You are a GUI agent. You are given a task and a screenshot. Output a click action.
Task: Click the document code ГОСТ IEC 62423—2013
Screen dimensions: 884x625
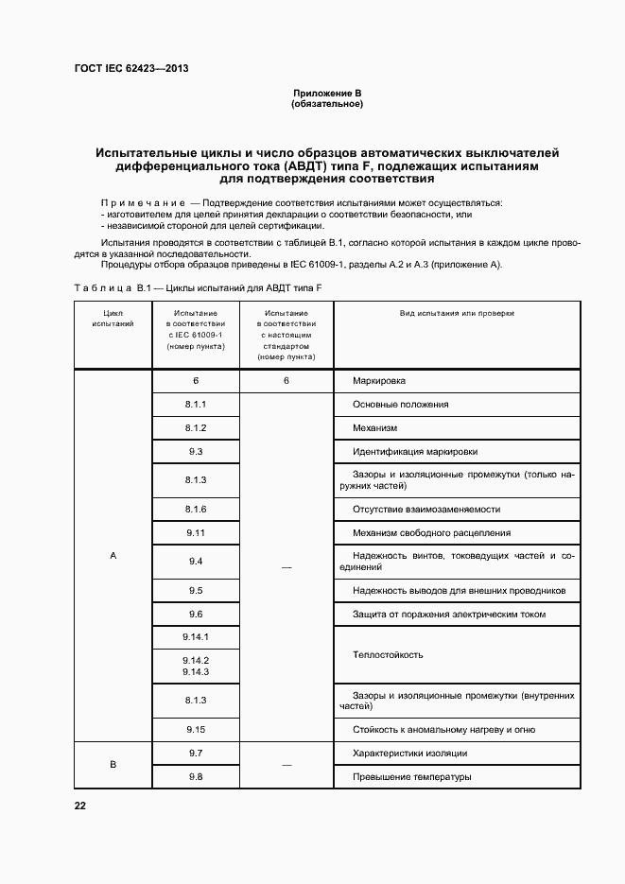pos(131,69)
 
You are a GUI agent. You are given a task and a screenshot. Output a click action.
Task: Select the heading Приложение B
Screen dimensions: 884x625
pos(327,93)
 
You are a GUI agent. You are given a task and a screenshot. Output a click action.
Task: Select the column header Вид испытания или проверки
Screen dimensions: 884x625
pos(457,312)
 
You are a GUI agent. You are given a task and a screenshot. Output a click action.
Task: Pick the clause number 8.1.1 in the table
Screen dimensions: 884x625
pos(196,405)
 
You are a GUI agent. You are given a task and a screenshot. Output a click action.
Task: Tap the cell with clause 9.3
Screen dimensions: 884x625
pos(196,451)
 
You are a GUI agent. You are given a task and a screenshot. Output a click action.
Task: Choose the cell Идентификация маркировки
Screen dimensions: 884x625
pos(414,451)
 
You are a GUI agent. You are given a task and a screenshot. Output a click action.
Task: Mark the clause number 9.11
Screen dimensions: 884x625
pos(196,533)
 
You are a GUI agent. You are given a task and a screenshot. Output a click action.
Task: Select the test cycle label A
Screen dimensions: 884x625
pos(113,556)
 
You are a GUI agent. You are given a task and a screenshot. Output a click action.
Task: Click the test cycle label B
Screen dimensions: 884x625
pos(113,764)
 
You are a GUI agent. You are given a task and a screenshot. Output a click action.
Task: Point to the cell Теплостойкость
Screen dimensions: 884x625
pos(387,654)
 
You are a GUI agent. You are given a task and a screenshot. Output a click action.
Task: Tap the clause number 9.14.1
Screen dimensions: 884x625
pos(196,636)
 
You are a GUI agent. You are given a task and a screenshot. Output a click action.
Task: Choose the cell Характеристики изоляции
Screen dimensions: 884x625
pos(409,754)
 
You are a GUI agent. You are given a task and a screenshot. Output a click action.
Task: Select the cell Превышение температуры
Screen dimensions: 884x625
pos(411,777)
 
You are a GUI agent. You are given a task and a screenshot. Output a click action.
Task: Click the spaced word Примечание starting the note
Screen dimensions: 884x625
pos(142,203)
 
